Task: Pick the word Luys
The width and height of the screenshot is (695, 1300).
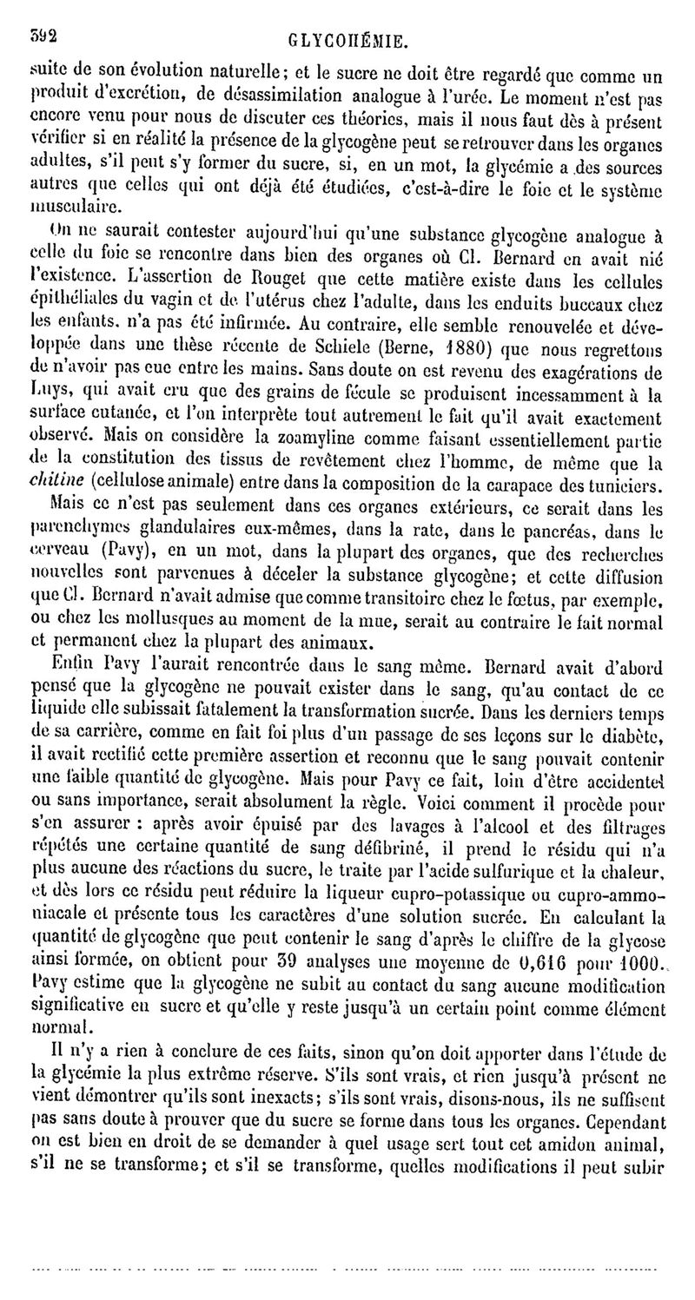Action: pos(48,391)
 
